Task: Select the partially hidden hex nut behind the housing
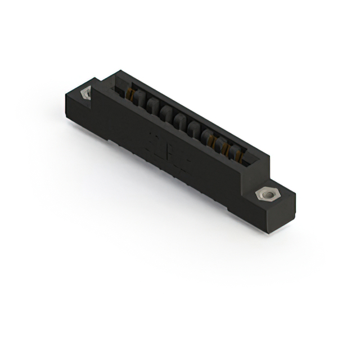pos(86,93)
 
